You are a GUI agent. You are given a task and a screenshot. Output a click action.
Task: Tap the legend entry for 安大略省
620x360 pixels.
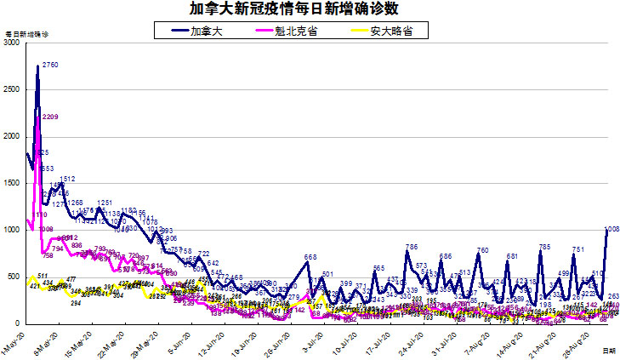point(388,30)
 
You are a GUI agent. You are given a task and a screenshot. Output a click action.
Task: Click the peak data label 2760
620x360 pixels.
point(49,65)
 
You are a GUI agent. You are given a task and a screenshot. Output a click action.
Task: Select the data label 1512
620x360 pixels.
point(68,179)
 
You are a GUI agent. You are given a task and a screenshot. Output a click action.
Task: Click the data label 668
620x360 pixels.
point(310,257)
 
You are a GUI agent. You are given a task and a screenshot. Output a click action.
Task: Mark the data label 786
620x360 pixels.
point(412,247)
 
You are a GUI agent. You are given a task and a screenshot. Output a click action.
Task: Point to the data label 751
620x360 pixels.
point(577,249)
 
